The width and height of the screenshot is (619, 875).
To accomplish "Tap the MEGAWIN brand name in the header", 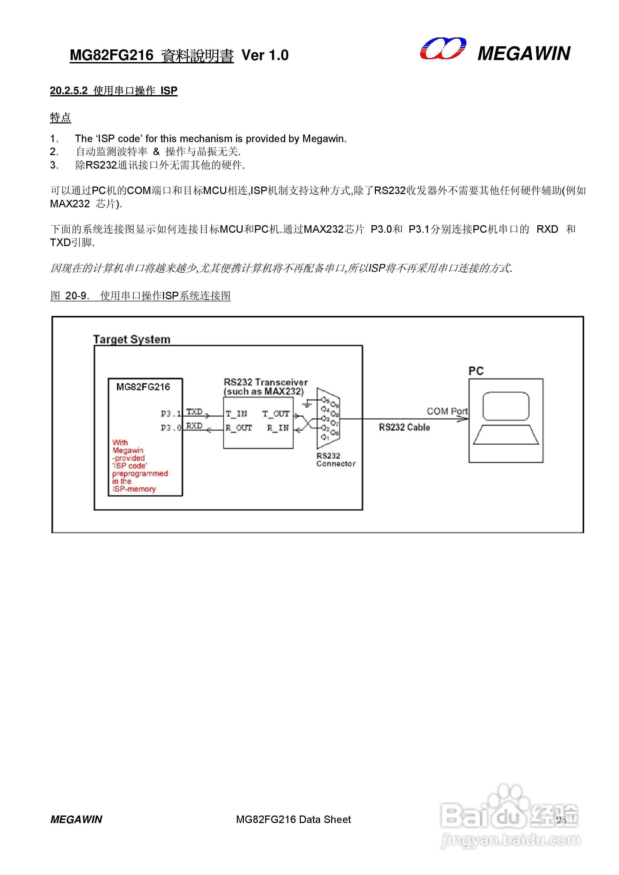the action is point(524,53).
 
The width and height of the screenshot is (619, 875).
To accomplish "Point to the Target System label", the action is point(132,339).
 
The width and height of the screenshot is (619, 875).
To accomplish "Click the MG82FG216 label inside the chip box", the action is point(143,387).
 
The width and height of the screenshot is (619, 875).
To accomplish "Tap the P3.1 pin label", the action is point(171,414).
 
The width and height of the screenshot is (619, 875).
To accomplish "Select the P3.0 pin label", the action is point(171,428).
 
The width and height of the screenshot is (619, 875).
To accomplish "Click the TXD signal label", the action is point(194,412).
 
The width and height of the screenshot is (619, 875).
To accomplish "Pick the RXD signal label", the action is point(194,426).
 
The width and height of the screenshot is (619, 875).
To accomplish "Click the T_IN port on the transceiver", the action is point(237,414).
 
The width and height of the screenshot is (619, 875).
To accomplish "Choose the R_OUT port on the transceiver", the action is point(239,428).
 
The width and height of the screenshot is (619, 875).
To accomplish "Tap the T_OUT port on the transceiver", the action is point(276,414).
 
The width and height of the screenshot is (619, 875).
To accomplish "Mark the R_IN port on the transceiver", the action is point(278,428).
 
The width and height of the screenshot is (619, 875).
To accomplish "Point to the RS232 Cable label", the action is point(404,427).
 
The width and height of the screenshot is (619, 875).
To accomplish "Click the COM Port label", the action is point(447,411).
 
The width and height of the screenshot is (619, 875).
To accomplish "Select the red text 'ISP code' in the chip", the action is point(130,466).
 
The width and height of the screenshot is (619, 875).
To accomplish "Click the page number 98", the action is point(561,820).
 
